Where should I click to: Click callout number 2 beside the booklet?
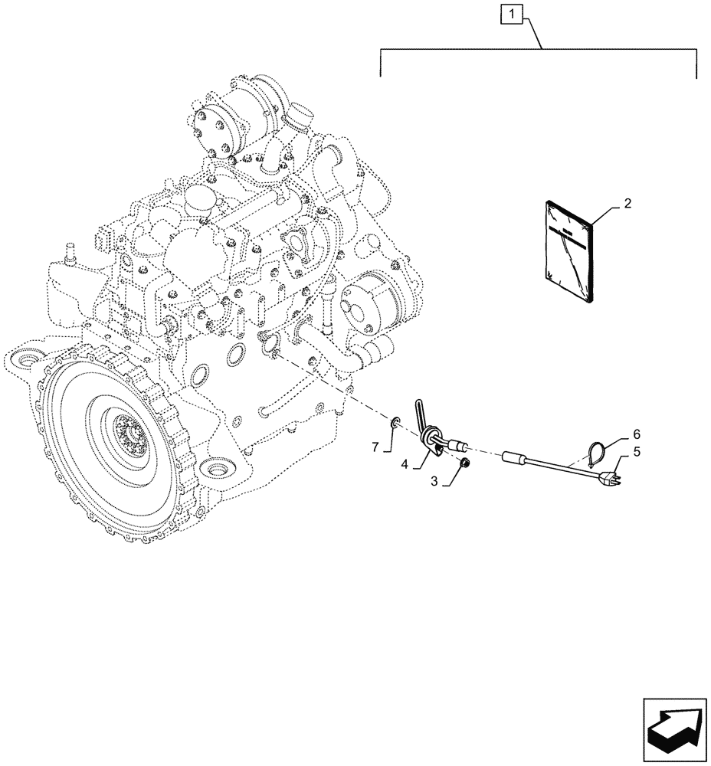coord(627,204)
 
